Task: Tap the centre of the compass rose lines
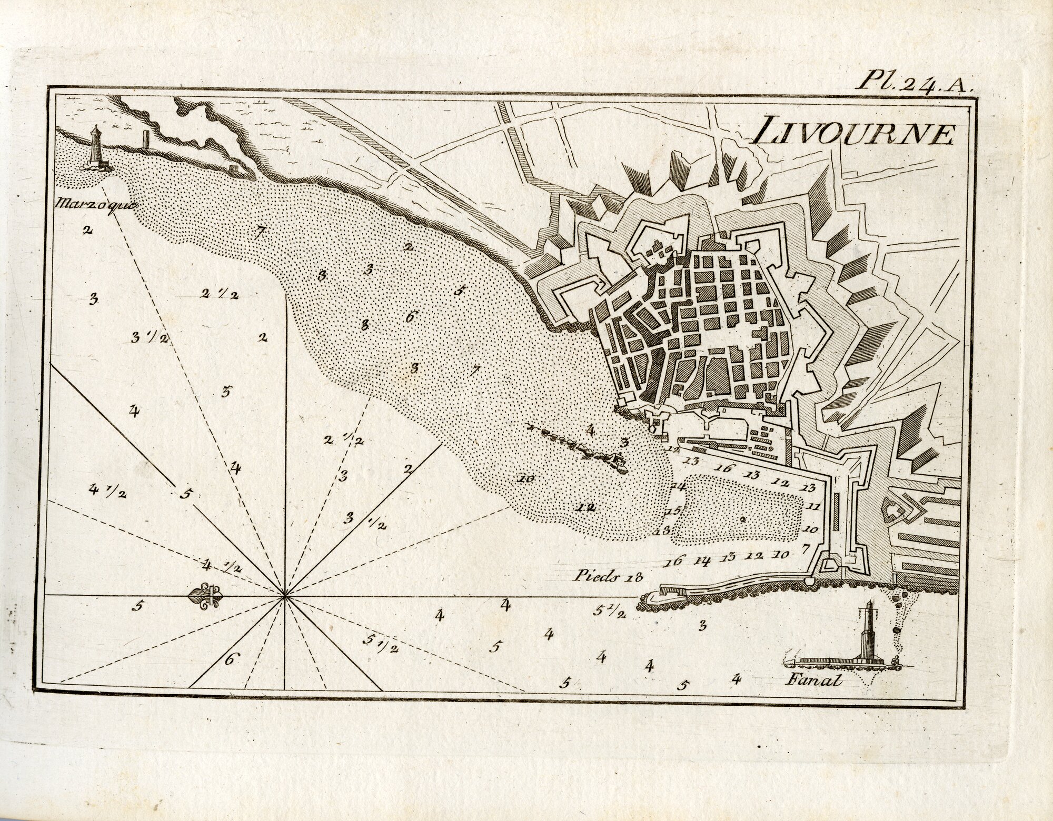click(x=285, y=596)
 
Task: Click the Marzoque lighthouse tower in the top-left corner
click(x=96, y=147)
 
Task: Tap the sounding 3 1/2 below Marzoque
click(x=149, y=338)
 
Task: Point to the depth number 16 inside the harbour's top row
click(x=724, y=468)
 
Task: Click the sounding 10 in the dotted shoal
click(x=525, y=478)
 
